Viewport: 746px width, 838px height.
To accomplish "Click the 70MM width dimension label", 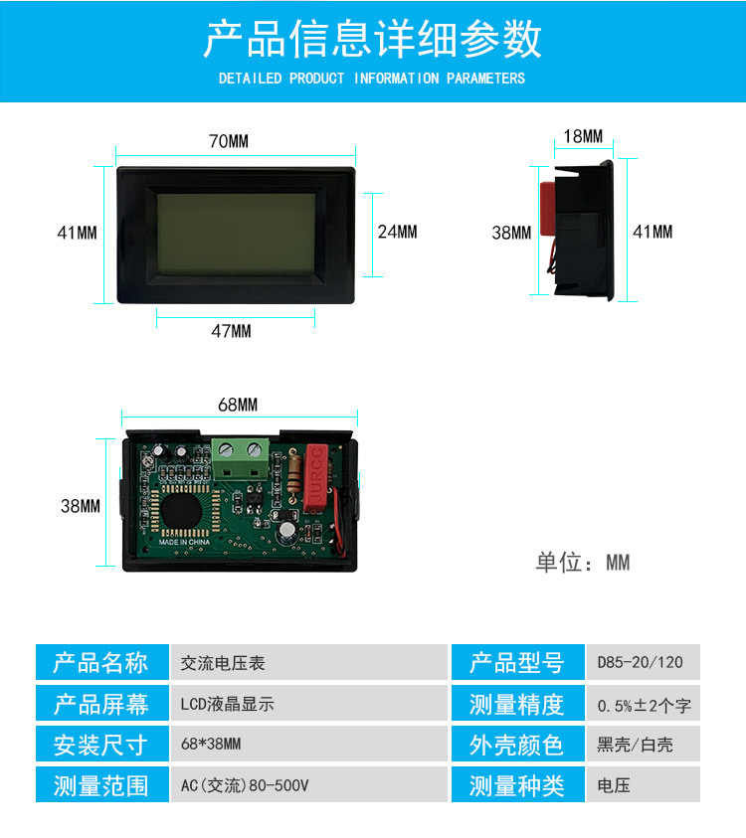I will point(228,141).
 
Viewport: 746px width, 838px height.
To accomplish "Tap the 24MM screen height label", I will point(397,232).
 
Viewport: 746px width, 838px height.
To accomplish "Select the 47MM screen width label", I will point(231,331).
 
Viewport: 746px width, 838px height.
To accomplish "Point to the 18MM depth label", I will point(583,136).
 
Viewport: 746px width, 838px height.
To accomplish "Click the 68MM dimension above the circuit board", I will point(238,405).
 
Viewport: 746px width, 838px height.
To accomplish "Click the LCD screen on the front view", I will point(236,234).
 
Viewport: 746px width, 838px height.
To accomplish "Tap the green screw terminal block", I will point(240,458).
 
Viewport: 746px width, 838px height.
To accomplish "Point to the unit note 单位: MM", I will point(583,563).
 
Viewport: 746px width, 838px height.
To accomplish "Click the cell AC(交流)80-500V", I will point(245,785).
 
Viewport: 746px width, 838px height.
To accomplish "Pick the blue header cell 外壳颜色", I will point(516,745).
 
